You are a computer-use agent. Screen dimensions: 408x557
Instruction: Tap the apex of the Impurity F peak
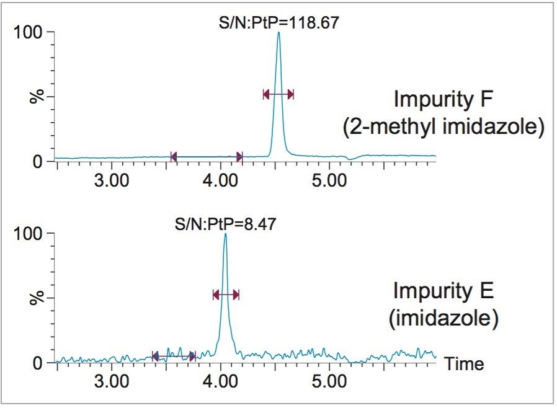(x=279, y=32)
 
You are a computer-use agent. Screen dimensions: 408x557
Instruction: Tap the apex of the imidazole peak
(x=225, y=234)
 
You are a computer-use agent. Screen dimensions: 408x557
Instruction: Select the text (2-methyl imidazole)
(x=443, y=127)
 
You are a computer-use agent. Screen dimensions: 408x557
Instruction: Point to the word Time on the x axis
(x=465, y=364)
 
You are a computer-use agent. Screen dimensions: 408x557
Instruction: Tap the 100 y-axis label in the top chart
(x=28, y=32)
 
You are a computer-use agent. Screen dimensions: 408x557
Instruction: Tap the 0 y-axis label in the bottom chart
(x=38, y=363)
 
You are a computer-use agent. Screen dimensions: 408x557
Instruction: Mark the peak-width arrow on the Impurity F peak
(x=278, y=94)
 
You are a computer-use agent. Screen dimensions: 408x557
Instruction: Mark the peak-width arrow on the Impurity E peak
(x=225, y=295)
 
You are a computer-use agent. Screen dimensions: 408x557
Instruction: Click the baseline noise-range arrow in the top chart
(x=206, y=156)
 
